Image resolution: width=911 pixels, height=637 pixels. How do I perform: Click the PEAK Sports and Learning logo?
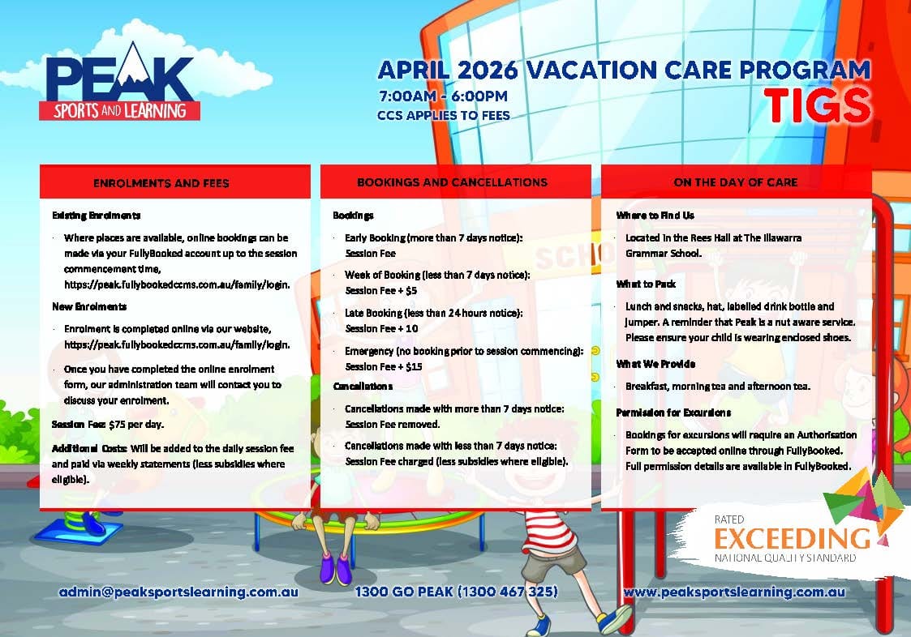click(120, 81)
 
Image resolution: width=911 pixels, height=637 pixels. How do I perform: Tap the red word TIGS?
click(818, 105)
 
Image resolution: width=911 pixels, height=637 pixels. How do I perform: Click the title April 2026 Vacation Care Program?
click(624, 71)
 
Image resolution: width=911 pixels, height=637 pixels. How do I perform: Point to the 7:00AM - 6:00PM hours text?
click(443, 96)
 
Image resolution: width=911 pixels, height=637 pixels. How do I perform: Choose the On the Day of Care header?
click(736, 182)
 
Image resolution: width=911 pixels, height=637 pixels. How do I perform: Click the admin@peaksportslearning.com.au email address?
click(178, 592)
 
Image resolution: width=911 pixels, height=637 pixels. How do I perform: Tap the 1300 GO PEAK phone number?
click(456, 592)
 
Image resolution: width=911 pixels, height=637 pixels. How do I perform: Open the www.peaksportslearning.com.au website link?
click(734, 592)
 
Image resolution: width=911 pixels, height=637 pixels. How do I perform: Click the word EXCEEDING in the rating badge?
click(792, 538)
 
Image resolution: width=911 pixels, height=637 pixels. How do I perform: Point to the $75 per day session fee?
click(136, 425)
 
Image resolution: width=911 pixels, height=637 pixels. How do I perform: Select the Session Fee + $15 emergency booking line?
click(384, 366)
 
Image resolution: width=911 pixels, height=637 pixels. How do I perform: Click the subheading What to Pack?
click(646, 284)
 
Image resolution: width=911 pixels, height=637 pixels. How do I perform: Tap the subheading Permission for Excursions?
click(673, 413)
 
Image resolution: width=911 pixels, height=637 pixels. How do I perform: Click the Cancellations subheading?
click(363, 386)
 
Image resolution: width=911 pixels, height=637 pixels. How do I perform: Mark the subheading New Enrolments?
click(89, 306)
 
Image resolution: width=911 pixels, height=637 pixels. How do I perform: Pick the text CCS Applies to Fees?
click(443, 116)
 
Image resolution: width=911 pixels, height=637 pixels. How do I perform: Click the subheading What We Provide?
click(655, 364)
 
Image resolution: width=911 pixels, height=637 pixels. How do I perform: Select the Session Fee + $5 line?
click(380, 290)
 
